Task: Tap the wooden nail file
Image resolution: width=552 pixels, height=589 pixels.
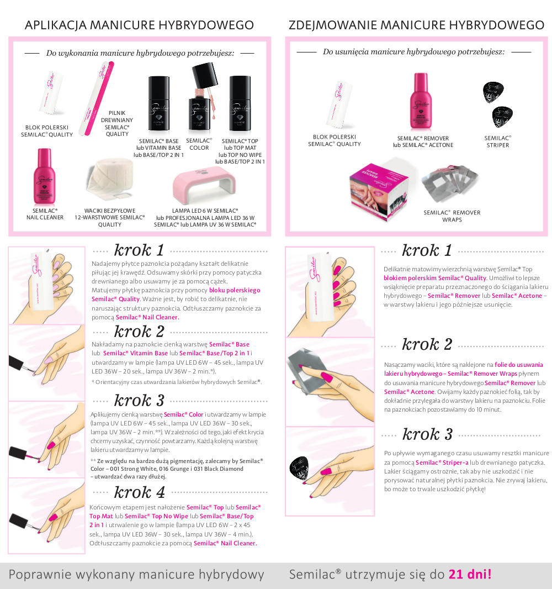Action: (x=99, y=98)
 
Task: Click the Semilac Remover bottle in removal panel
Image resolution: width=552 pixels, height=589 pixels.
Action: (x=421, y=102)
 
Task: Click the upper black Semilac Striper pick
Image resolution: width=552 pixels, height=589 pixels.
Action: (x=493, y=92)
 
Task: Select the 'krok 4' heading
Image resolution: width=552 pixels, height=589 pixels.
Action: (x=139, y=492)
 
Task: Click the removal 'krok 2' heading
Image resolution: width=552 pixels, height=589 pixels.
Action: (x=427, y=344)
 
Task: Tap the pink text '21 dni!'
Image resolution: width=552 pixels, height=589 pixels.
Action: (x=470, y=574)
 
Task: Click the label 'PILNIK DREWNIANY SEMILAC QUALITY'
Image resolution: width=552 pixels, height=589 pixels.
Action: (x=116, y=123)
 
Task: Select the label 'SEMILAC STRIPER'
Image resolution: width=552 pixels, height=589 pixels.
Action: (x=497, y=141)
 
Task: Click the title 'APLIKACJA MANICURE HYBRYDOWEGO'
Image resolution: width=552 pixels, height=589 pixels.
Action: (x=139, y=25)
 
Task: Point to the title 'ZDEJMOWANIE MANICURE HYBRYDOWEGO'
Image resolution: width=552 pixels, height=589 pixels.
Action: (x=417, y=25)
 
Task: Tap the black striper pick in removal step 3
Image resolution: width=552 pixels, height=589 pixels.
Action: (x=299, y=467)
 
